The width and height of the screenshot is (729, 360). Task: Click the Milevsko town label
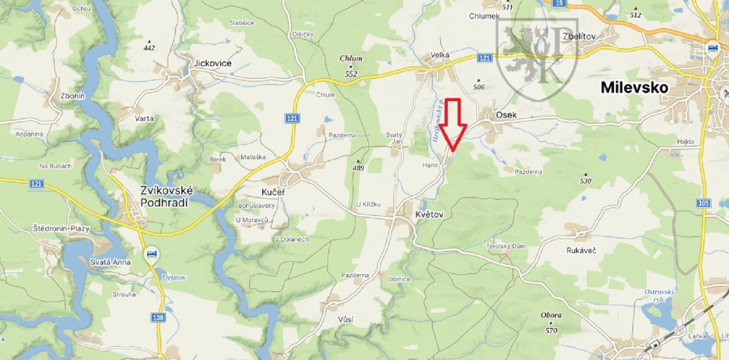634,87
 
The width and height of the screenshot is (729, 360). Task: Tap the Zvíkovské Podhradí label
166,196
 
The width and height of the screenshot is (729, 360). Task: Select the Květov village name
429,214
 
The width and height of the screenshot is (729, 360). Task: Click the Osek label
506,115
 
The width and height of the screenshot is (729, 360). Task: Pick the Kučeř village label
273,192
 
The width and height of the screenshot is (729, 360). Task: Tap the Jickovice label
212,63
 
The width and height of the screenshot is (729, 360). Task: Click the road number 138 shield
158,317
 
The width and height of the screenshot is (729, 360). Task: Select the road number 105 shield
703,203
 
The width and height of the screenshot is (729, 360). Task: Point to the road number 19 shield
559,3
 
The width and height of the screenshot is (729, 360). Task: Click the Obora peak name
551,315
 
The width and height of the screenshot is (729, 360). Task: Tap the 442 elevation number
149,48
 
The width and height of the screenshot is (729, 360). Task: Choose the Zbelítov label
579,36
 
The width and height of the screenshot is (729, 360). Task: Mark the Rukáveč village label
581,250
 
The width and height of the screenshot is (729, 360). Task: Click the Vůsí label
346,319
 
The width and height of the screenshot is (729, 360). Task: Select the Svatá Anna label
110,262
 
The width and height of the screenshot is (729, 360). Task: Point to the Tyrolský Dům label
506,246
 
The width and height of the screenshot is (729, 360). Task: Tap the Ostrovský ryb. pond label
659,295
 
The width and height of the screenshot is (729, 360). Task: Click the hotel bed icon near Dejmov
152,253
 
